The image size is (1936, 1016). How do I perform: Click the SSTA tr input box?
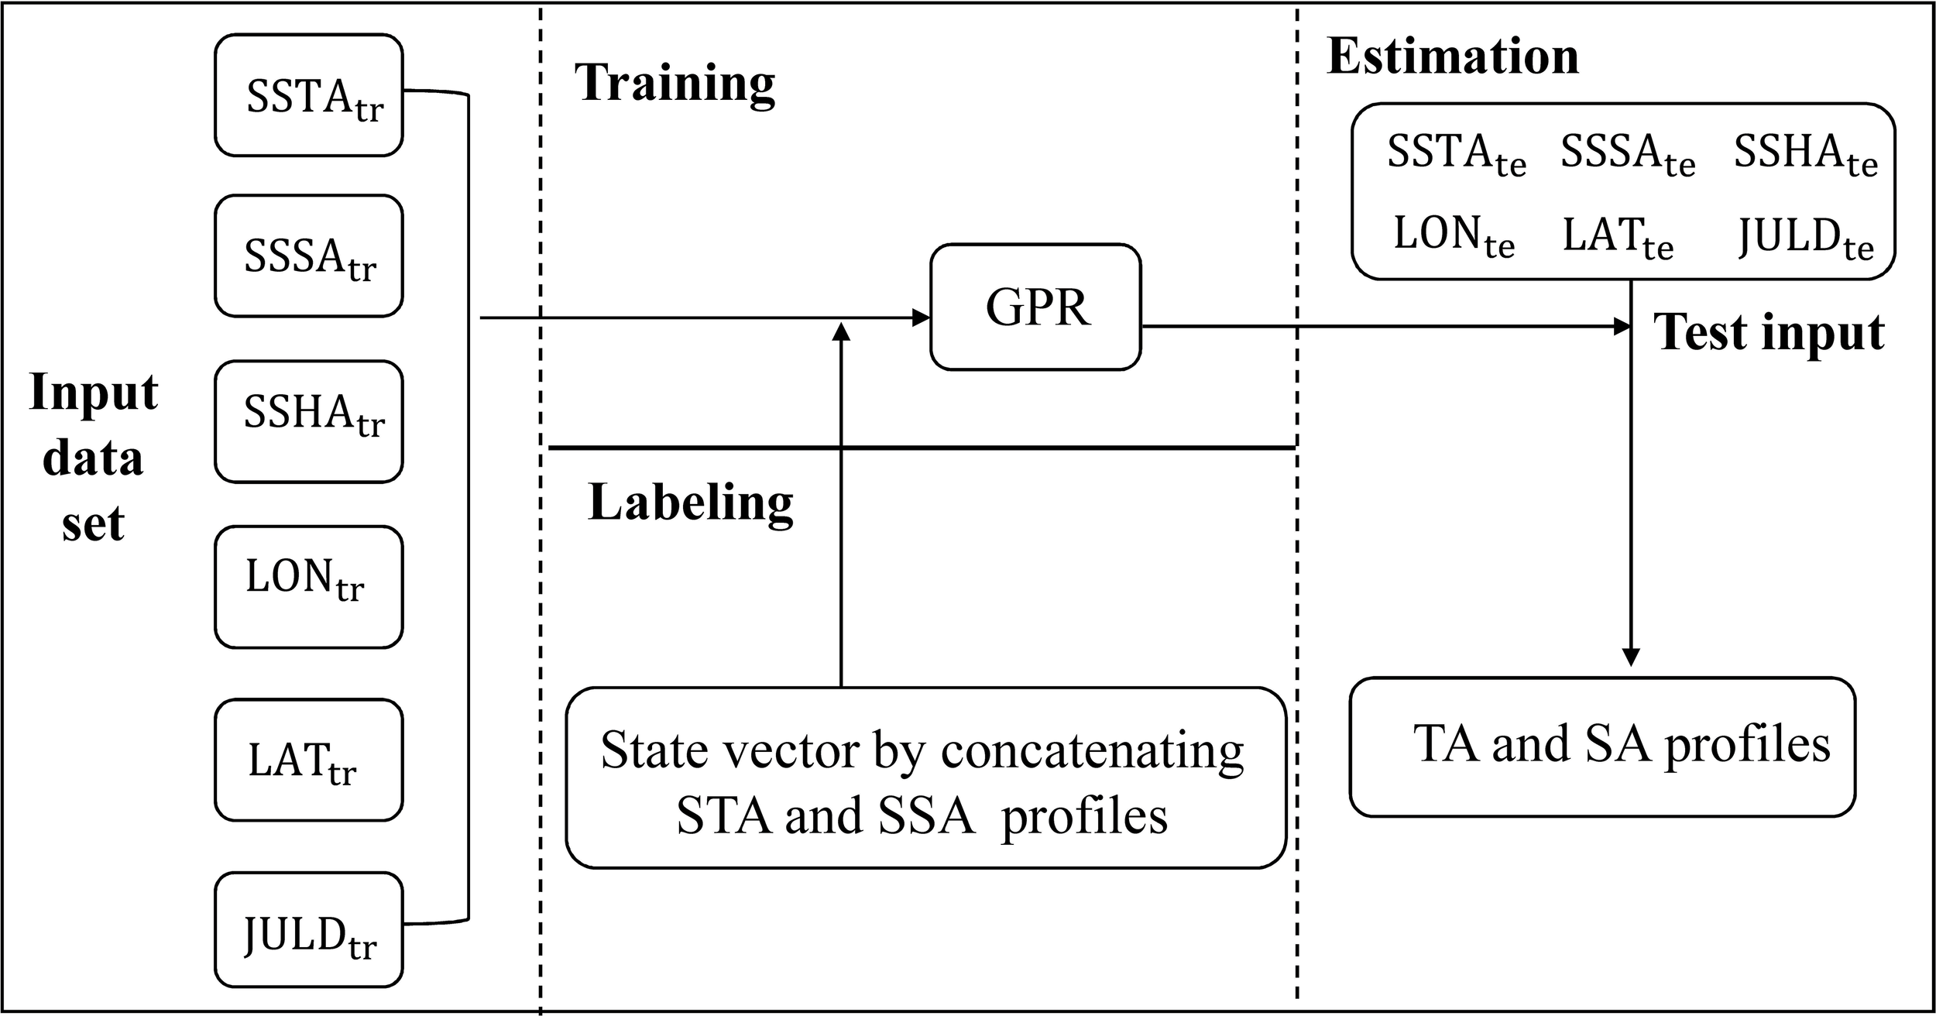308,95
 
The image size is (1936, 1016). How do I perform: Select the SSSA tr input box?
308,256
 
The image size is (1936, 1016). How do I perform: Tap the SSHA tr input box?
308,421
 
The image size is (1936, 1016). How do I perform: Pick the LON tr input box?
308,586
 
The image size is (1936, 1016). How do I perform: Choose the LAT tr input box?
308,760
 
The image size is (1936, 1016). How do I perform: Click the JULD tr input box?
308,929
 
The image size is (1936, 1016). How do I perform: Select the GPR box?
1035,307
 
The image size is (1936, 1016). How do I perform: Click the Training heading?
674,82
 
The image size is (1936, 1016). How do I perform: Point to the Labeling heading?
690,502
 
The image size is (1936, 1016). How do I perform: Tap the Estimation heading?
1453,57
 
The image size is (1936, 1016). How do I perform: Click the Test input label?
1769,332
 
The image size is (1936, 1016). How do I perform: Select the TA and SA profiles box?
1601,747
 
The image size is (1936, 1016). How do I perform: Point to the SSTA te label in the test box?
1455,153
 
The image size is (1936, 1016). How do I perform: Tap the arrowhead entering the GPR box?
921,317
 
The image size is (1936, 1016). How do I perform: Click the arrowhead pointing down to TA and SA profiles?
1631,657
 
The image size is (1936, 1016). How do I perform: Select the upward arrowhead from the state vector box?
841,332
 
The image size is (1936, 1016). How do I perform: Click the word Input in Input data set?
93,393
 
